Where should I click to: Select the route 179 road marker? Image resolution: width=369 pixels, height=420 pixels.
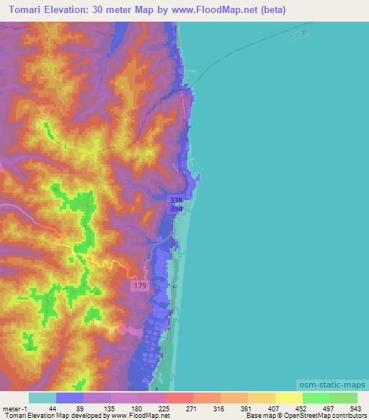pos(141,286)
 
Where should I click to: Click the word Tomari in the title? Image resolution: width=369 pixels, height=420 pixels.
pos(28,10)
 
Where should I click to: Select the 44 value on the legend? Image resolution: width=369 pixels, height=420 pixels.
pos(52,408)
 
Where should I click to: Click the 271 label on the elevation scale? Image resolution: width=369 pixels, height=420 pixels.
pos(192,408)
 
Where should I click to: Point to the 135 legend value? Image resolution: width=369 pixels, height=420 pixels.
pos(108,408)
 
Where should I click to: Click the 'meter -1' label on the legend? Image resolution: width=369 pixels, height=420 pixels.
pos(14,408)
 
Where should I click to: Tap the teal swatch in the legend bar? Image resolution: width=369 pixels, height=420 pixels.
pos(43,398)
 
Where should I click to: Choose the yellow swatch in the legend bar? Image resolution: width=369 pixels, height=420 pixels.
pos(289,398)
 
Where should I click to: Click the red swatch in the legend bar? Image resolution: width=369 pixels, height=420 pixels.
pos(179,398)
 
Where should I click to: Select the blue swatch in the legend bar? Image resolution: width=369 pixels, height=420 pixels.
pos(70,398)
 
